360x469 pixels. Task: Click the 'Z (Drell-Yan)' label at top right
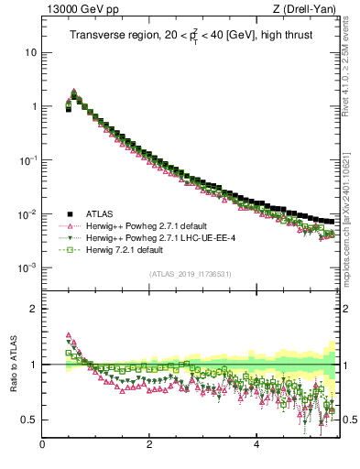point(306,9)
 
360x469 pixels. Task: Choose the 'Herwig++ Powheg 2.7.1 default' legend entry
point(148,225)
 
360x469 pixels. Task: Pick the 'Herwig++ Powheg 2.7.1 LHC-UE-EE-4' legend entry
point(161,237)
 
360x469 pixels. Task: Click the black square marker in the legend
point(69,213)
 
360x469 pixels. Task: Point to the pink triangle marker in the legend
point(69,225)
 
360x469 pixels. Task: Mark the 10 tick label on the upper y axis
point(29,52)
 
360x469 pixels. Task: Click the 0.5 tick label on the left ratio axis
point(27,420)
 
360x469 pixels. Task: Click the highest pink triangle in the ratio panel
point(68,335)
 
